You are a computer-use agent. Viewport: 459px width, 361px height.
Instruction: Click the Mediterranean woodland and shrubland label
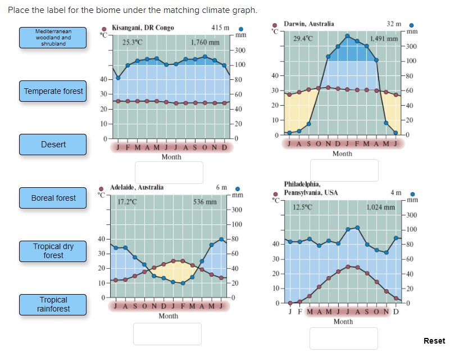[x=53, y=37]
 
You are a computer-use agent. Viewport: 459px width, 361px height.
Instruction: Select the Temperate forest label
[x=53, y=91]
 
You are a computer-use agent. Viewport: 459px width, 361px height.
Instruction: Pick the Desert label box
[x=53, y=145]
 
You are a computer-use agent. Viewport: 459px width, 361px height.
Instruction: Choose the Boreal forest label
[x=53, y=198]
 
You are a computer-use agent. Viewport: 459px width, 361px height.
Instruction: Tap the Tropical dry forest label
[x=53, y=251]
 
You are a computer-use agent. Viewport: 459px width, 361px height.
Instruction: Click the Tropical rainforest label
[x=53, y=304]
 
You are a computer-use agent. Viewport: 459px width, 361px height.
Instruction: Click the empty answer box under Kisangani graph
[x=169, y=173]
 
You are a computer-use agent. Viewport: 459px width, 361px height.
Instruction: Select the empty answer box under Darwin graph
[x=344, y=170]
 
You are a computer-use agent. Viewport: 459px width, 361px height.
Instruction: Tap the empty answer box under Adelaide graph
[x=167, y=333]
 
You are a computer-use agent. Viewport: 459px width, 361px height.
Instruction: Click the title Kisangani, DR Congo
[x=143, y=28]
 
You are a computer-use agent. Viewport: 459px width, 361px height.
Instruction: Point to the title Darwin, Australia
[x=309, y=24]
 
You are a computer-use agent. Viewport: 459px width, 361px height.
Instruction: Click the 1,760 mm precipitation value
[x=205, y=42]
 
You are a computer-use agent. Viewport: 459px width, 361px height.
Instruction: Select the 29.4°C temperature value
[x=303, y=38]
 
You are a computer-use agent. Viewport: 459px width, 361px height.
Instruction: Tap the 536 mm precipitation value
[x=204, y=201]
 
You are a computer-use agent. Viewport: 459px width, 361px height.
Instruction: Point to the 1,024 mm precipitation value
[x=381, y=207]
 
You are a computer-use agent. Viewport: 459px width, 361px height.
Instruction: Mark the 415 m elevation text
[x=220, y=28]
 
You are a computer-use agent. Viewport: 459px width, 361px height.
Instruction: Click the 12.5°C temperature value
[x=303, y=207]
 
